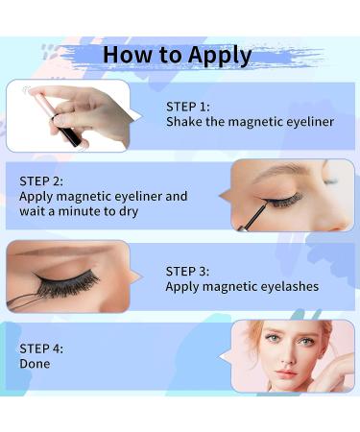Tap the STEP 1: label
(x=188, y=107)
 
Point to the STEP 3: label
(x=188, y=271)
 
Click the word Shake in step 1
(x=184, y=122)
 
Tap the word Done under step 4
(x=35, y=364)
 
